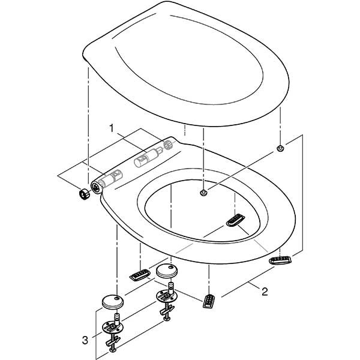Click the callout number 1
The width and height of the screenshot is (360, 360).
pyautogui.click(x=110, y=128)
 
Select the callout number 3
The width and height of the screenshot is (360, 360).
pyautogui.click(x=86, y=340)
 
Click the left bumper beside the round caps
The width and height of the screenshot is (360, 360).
pyautogui.click(x=139, y=275)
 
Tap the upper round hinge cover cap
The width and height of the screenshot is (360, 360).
pyautogui.click(x=166, y=271)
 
